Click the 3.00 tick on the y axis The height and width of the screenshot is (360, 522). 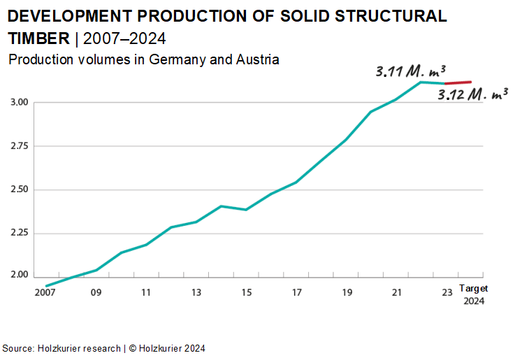(x=20, y=103)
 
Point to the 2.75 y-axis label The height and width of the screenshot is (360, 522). (x=20, y=146)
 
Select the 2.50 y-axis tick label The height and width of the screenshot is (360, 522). (x=20, y=189)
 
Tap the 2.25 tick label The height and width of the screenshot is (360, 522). (x=20, y=233)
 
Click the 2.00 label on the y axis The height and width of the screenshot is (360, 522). (x=20, y=275)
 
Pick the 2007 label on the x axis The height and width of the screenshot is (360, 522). (x=45, y=293)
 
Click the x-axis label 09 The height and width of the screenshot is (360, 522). (x=96, y=293)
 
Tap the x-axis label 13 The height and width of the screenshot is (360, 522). (x=197, y=293)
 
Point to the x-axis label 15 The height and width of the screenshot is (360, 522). (x=247, y=293)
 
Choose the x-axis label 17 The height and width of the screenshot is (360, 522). (x=297, y=293)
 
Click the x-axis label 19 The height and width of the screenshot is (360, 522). (x=347, y=293)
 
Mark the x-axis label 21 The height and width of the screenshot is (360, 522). (x=398, y=293)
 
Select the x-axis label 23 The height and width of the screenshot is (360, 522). (x=447, y=293)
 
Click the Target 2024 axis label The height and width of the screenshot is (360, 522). (x=473, y=295)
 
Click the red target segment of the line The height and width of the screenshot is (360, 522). (x=458, y=83)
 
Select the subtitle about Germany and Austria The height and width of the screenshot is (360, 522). (x=143, y=59)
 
